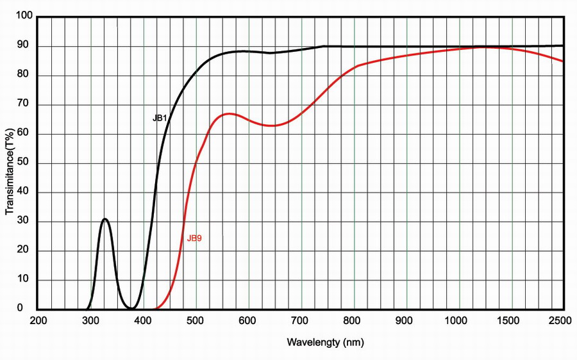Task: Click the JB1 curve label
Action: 160,119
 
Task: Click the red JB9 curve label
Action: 194,238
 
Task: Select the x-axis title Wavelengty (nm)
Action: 325,342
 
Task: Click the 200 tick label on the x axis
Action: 38,321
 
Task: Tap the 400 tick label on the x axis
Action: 144,321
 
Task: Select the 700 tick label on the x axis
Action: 301,321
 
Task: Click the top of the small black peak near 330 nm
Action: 105,219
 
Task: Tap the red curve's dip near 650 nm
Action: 273,126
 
